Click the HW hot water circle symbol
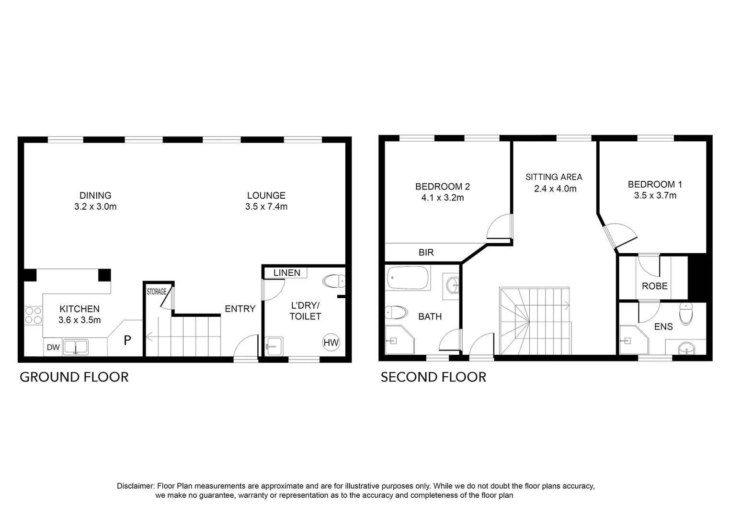[331, 342]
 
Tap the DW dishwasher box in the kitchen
[53, 348]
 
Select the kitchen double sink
[76, 347]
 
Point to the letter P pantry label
[127, 341]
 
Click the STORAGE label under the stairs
[156, 292]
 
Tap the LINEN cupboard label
[286, 273]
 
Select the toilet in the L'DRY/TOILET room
[334, 281]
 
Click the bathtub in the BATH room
[408, 278]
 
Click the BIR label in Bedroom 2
[426, 252]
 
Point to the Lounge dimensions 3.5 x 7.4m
[266, 207]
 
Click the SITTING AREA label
[554, 177]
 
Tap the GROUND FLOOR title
[74, 377]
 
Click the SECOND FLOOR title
[433, 377]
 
